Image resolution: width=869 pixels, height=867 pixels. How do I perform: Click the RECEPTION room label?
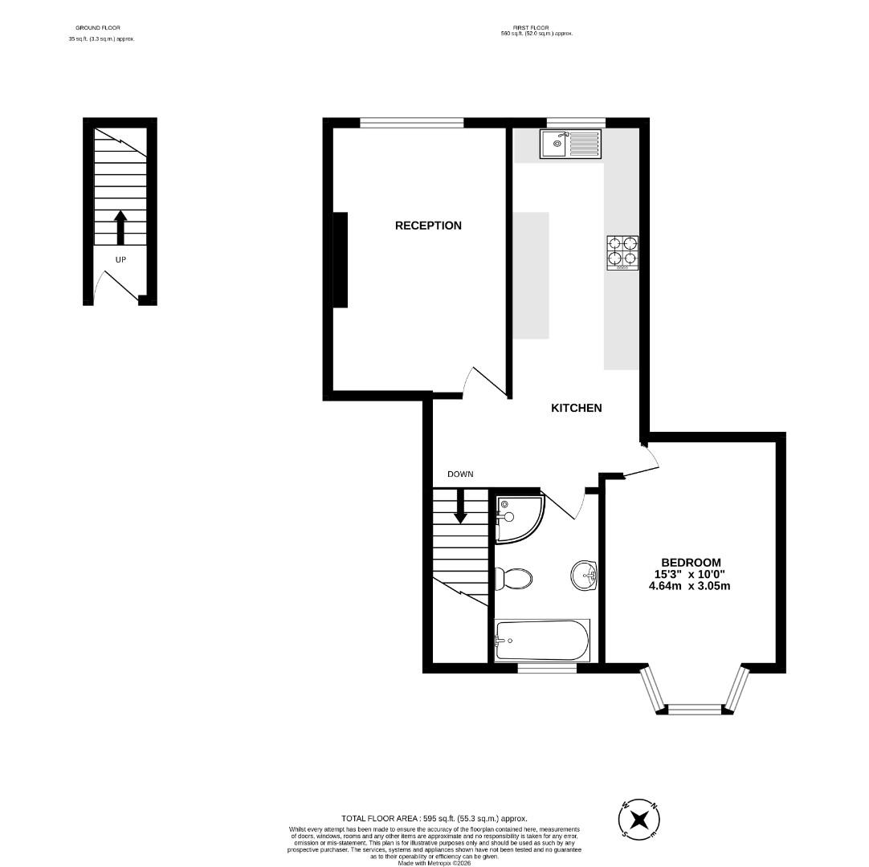[x=428, y=226]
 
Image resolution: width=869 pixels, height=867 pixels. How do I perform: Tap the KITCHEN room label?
[x=576, y=408]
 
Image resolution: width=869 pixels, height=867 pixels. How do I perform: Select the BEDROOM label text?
[x=690, y=562]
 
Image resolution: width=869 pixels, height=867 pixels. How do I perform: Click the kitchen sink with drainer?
[x=570, y=144]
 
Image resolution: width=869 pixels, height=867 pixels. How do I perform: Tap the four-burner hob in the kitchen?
[x=622, y=252]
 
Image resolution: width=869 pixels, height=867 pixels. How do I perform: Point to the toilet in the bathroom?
[x=513, y=577]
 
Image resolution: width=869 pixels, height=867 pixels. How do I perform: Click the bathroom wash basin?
[x=584, y=575]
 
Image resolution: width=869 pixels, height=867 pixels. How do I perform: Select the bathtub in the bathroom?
[x=542, y=640]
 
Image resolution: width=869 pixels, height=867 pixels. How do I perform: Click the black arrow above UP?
[x=120, y=227]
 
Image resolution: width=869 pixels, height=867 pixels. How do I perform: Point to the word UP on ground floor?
[x=120, y=260]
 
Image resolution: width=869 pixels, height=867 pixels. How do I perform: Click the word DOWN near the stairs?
[x=460, y=474]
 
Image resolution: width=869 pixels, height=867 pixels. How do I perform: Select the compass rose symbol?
[x=639, y=820]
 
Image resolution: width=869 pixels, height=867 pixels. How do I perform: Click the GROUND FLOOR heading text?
[x=98, y=28]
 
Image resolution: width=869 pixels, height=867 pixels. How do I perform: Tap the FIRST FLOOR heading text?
[x=536, y=28]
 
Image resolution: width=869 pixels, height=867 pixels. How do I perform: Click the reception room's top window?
[x=411, y=123]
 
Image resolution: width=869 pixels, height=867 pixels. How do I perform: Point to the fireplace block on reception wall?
[x=341, y=259]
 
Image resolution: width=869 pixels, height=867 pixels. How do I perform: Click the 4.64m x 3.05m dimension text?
[x=689, y=586]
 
